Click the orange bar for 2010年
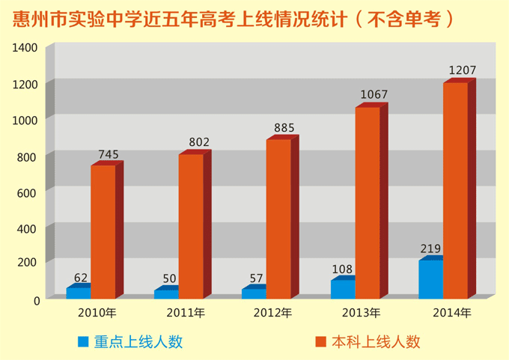click(x=103, y=232)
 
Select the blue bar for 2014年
click(x=430, y=279)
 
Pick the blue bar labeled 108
click(x=343, y=289)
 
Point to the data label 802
click(x=199, y=142)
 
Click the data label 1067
click(x=374, y=95)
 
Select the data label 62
click(x=81, y=278)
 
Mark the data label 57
click(x=256, y=278)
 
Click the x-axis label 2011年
click(x=186, y=313)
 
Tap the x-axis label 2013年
click(x=361, y=313)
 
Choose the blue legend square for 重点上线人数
click(x=83, y=342)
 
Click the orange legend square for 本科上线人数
click(x=322, y=342)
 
